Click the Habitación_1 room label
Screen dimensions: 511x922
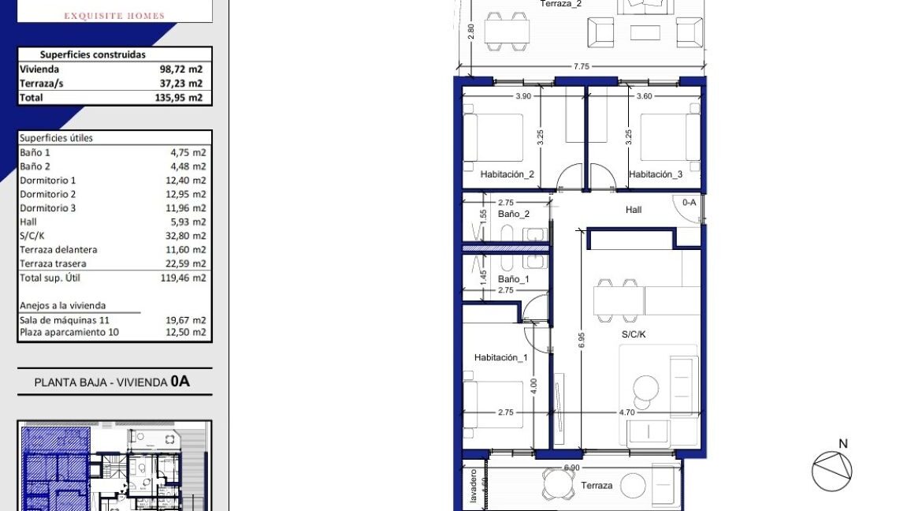(x=500, y=357)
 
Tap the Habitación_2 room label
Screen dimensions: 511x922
(x=507, y=174)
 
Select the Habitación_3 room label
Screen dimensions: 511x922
(x=656, y=174)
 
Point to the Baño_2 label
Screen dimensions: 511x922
(x=514, y=214)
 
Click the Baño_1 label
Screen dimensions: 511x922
(x=514, y=279)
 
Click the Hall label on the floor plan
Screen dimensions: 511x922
(x=634, y=210)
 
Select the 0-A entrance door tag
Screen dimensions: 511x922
(x=689, y=203)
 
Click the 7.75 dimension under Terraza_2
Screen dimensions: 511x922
(x=581, y=67)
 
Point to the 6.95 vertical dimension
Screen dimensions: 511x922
(x=582, y=340)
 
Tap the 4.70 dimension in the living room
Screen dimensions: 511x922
(x=626, y=412)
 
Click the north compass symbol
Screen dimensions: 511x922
(x=832, y=470)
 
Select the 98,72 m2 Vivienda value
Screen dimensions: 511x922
(x=180, y=69)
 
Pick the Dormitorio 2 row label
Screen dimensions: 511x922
(x=48, y=194)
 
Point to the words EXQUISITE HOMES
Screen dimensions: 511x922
(x=114, y=16)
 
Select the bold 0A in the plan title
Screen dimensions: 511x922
(x=180, y=382)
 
